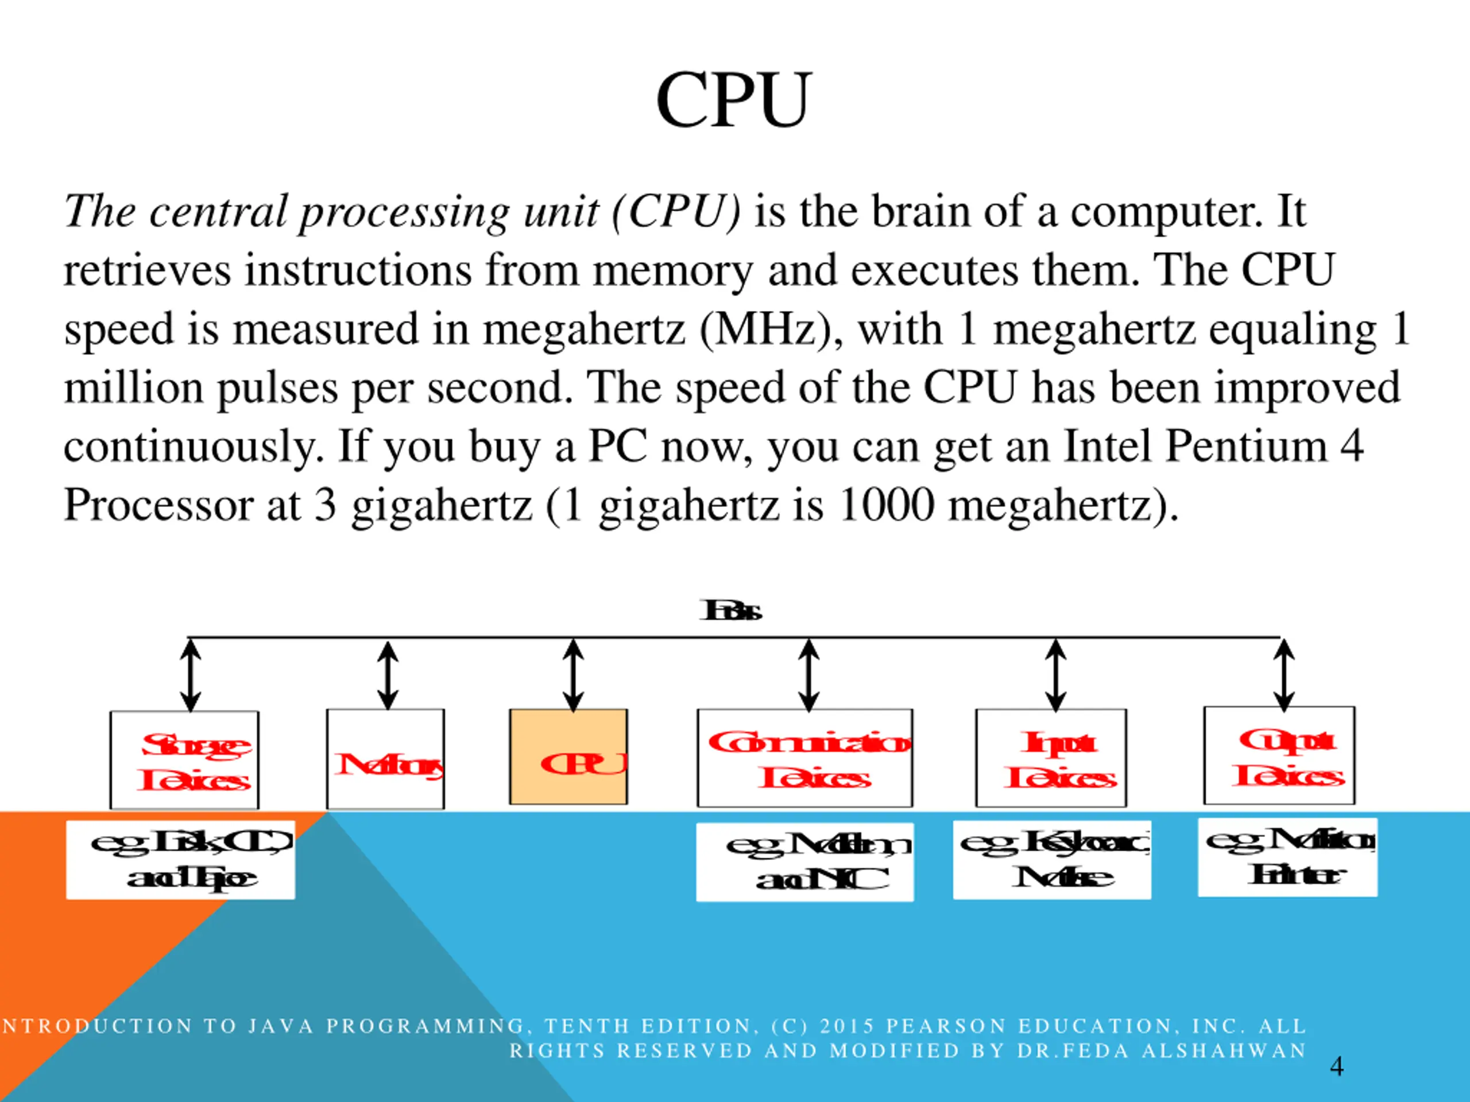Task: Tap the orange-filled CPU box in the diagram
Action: point(568,756)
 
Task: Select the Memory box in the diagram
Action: point(385,759)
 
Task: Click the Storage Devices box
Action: point(185,760)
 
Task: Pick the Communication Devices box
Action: point(805,758)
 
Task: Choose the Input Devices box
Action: point(1051,758)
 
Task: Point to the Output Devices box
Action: point(1279,755)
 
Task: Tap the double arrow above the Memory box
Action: point(388,676)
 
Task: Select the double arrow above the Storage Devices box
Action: point(191,676)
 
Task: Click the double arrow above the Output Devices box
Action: point(1284,676)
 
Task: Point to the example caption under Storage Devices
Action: point(181,860)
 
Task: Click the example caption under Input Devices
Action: point(1052,860)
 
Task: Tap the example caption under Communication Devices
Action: point(805,862)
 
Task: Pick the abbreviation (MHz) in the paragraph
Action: point(771,329)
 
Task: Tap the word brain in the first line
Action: point(920,211)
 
